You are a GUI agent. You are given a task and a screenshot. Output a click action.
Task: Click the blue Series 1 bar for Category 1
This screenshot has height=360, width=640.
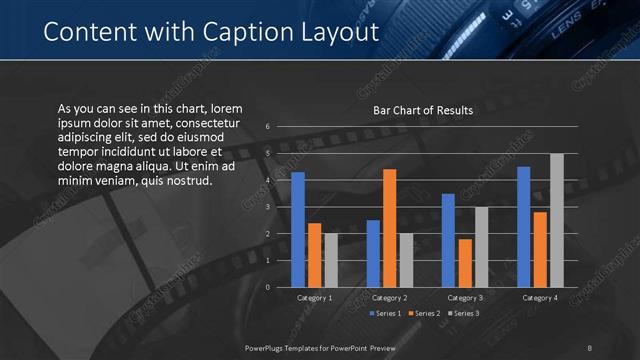tap(297, 230)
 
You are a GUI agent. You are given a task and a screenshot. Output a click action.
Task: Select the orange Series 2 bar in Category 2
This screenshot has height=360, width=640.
tap(389, 228)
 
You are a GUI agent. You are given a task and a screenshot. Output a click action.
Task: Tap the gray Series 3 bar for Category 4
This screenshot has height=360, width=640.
tap(557, 220)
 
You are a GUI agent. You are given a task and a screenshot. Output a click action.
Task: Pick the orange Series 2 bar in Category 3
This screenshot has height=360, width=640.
tap(465, 263)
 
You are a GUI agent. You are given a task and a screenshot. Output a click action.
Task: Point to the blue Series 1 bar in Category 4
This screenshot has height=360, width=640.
tap(524, 227)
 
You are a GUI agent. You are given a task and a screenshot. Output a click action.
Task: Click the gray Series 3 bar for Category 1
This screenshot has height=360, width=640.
tap(331, 260)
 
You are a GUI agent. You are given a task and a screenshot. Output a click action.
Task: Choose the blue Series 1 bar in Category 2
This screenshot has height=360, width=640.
tap(373, 254)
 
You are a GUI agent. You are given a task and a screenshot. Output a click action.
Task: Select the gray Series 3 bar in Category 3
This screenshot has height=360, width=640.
tap(481, 247)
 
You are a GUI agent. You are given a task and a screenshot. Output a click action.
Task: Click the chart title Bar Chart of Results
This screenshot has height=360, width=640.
tap(423, 110)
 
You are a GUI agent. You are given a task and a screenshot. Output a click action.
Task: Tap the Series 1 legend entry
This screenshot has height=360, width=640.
tap(387, 314)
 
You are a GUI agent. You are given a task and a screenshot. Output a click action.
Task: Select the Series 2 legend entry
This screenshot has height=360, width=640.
tap(424, 314)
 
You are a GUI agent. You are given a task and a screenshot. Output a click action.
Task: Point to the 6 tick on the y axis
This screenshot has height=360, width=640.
tap(268, 126)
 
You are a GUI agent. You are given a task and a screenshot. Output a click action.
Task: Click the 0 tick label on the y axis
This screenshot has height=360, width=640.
tap(268, 287)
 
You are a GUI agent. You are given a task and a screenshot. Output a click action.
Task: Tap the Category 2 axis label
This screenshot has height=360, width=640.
tap(389, 298)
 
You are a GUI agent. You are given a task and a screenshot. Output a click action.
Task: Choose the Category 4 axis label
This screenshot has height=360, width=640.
tap(540, 298)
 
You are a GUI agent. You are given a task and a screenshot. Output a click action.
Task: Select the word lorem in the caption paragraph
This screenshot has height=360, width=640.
tap(226, 108)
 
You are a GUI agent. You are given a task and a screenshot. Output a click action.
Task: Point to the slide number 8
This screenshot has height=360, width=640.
tap(589, 347)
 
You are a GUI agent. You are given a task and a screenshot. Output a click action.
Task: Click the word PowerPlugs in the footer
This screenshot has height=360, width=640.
tap(270, 347)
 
